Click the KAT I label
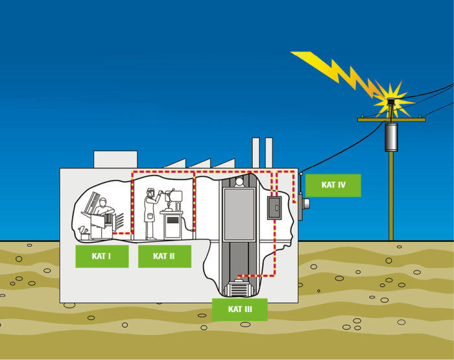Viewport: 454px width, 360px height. pyautogui.click(x=101, y=256)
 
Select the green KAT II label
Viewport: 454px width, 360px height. pyautogui.click(x=164, y=256)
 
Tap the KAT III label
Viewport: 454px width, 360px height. pyautogui.click(x=240, y=309)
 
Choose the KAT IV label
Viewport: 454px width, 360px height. pyautogui.click(x=333, y=185)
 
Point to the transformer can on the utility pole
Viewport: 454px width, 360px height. pyautogui.click(x=391, y=137)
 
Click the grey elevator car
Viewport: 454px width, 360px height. pyautogui.click(x=239, y=215)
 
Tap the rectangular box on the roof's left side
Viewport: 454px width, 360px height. pyautogui.click(x=115, y=160)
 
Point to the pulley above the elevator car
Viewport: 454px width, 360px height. pyautogui.click(x=239, y=182)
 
